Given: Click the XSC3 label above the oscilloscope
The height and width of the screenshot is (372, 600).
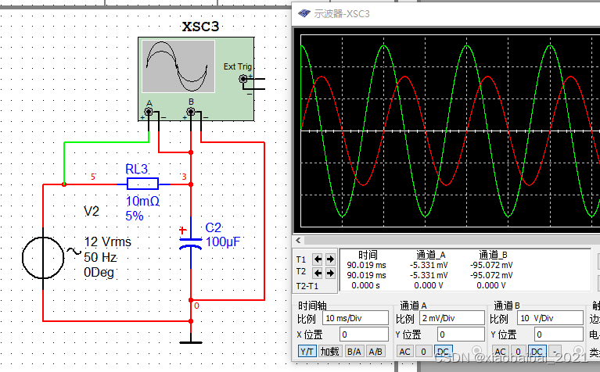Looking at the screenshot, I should click(201, 27).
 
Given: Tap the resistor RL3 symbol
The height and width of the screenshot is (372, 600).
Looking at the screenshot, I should click(142, 184).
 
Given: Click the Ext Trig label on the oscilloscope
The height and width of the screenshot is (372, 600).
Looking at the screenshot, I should click(238, 67).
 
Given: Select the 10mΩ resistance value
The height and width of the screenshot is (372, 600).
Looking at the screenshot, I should click(142, 201).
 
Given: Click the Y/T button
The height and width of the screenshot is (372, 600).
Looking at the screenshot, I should click(307, 352).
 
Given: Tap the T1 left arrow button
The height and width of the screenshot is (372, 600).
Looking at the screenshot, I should click(318, 259).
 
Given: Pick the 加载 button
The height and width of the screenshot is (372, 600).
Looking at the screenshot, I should click(329, 352).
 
